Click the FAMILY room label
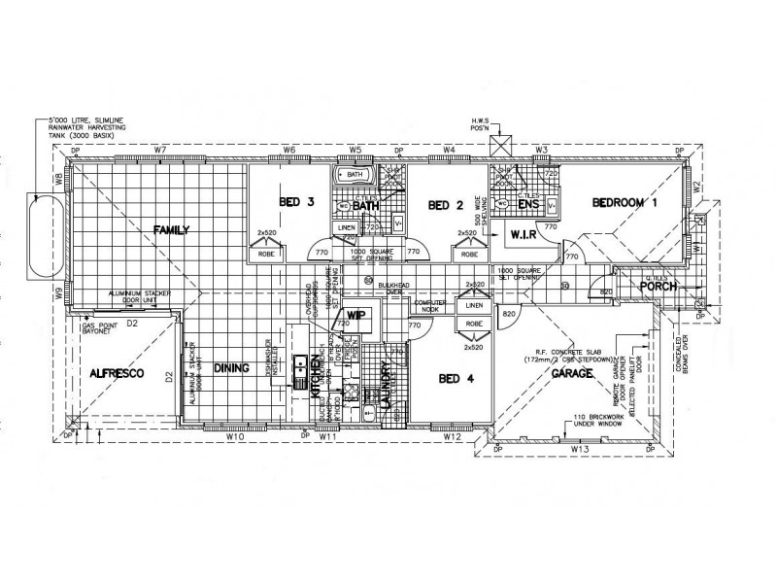point(170,230)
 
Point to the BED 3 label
point(296,203)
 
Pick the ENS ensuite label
point(528,205)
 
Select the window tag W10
point(234,437)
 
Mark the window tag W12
point(452,437)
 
